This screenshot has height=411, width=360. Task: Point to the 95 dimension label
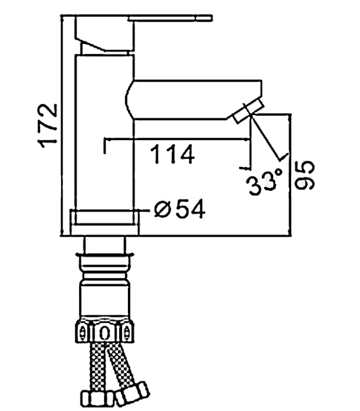pyautogui.click(x=304, y=175)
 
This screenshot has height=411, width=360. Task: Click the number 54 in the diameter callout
pyautogui.click(x=191, y=209)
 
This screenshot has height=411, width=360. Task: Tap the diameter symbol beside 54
pyautogui.click(x=163, y=210)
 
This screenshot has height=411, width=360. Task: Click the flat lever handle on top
pyautogui.click(x=170, y=18)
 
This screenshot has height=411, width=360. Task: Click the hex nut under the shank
pyautogui.click(x=105, y=332)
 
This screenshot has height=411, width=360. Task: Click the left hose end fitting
pyautogui.click(x=97, y=399)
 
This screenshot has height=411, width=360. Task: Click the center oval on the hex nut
pyautogui.click(x=105, y=332)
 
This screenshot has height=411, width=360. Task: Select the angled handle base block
pyautogui.click(x=105, y=33)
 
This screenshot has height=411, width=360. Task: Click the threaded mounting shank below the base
pyautogui.click(x=105, y=278)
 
